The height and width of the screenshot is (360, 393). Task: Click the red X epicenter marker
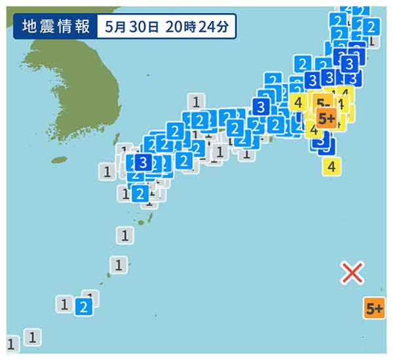[x=352, y=272]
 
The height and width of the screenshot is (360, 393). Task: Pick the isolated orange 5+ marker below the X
[x=375, y=308]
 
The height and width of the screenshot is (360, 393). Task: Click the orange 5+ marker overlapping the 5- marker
[x=326, y=118]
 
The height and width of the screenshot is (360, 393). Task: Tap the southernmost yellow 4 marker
[x=332, y=166]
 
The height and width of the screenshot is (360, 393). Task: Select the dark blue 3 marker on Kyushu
[x=143, y=161]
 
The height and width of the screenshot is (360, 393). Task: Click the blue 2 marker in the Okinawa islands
[x=83, y=306]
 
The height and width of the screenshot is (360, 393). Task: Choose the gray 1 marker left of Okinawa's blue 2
[x=64, y=304]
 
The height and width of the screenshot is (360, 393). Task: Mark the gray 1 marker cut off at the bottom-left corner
[x=10, y=344]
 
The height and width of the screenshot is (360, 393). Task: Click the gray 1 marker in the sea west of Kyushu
[x=107, y=172]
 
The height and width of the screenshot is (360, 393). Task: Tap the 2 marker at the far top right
[x=370, y=27]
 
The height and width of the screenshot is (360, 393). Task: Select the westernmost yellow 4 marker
[x=298, y=102]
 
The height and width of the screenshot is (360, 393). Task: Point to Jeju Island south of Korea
[x=60, y=159]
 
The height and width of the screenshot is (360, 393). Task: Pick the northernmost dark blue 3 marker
[x=350, y=64]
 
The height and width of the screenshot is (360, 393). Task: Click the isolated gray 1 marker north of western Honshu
[x=196, y=101]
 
